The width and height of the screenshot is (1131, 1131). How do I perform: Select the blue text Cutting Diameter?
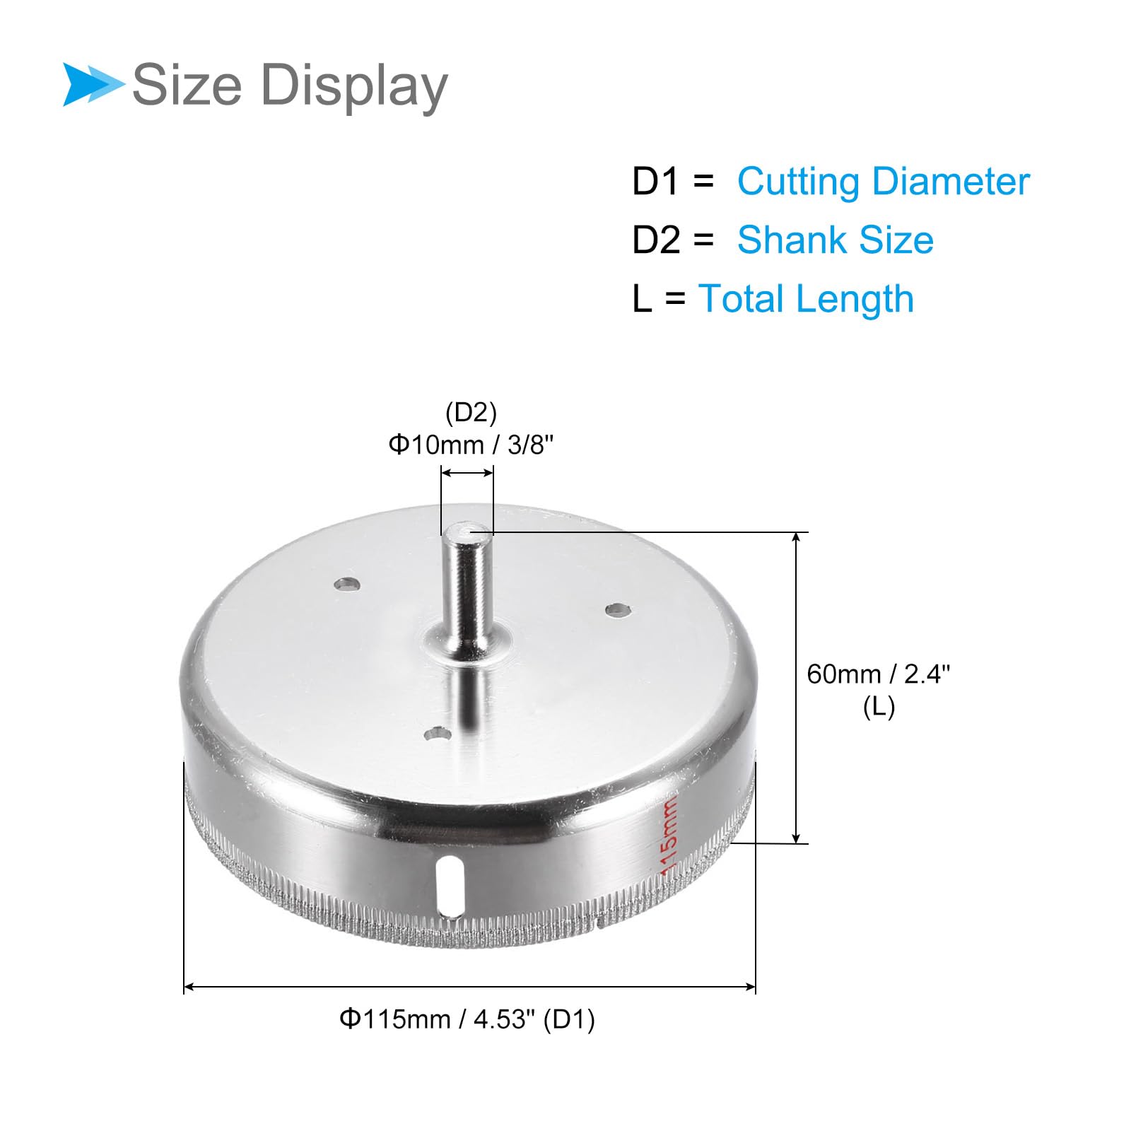coord(884,182)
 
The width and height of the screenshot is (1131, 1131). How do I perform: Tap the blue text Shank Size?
coord(836,240)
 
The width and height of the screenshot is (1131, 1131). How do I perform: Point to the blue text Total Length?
coord(806,299)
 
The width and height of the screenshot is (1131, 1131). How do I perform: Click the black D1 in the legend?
coord(656,182)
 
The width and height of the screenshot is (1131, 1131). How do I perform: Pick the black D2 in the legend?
coord(656,240)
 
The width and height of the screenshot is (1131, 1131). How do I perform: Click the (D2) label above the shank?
coord(471,412)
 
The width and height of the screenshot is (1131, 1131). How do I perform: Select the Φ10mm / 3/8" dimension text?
coord(471,445)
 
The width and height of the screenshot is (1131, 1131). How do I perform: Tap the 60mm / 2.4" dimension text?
coord(879,674)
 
